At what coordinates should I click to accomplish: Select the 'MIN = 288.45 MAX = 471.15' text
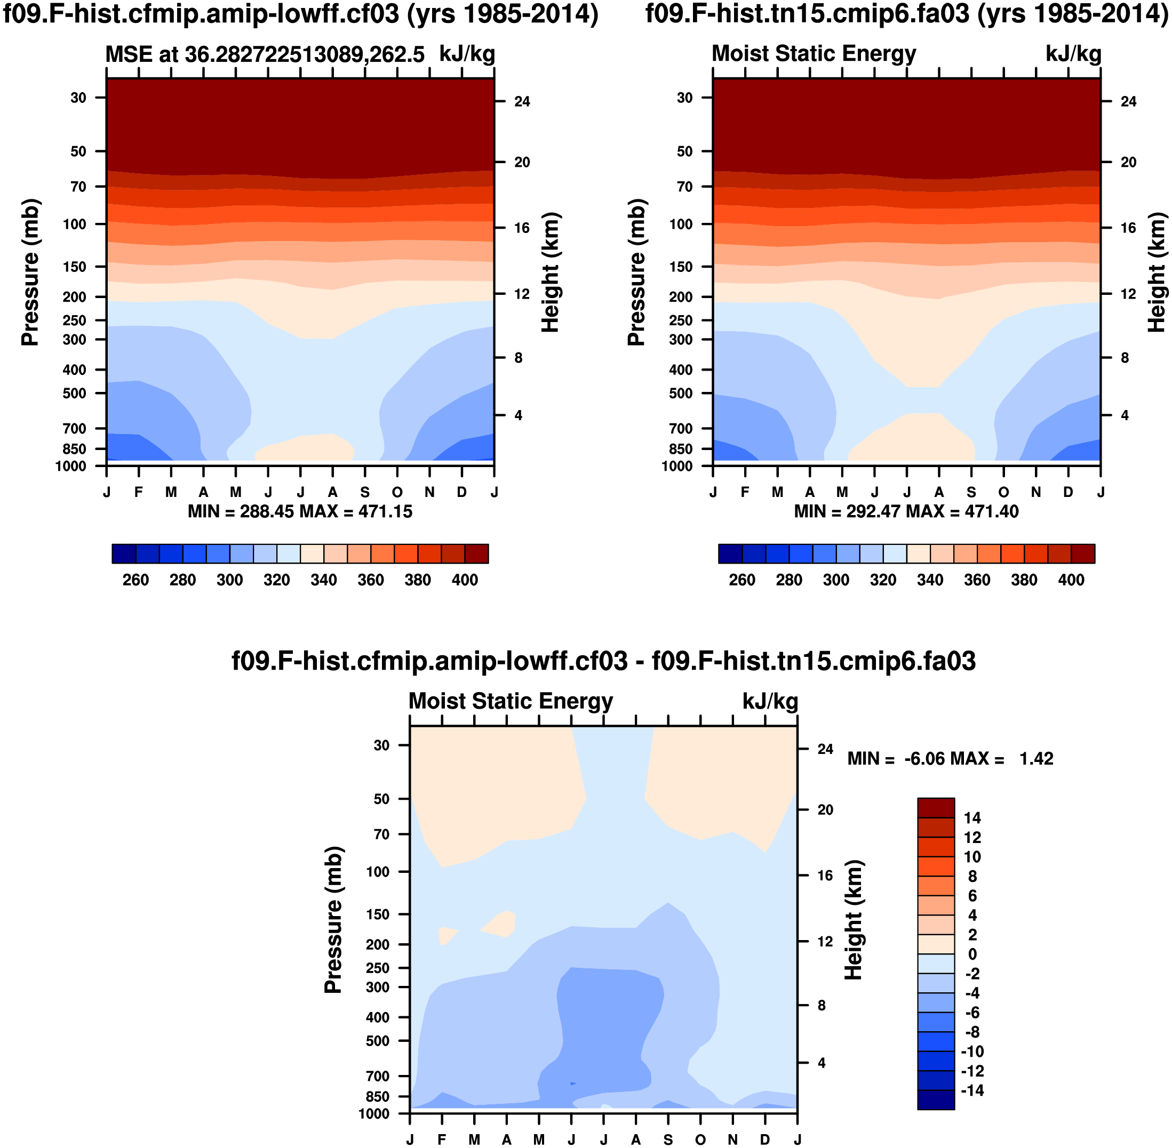(300, 512)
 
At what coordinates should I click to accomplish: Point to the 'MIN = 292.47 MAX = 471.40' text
(906, 512)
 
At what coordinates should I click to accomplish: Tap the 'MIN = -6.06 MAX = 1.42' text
(950, 759)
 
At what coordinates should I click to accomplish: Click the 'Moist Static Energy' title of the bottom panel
(511, 701)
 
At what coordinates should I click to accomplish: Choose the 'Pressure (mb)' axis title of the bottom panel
(333, 919)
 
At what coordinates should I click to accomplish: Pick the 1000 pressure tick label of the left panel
(70, 467)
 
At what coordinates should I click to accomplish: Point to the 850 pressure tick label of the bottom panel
(378, 1096)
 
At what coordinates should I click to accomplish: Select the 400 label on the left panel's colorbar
(465, 580)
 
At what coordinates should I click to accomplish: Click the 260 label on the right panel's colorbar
(742, 580)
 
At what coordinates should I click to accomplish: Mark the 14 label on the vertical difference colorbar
(972, 818)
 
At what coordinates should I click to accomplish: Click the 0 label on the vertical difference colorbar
(972, 954)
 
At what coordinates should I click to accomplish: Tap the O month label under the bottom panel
(700, 1139)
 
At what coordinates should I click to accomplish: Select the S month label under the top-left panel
(365, 493)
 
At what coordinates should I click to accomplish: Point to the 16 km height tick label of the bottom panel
(825, 876)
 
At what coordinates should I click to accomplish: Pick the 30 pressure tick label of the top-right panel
(684, 98)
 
